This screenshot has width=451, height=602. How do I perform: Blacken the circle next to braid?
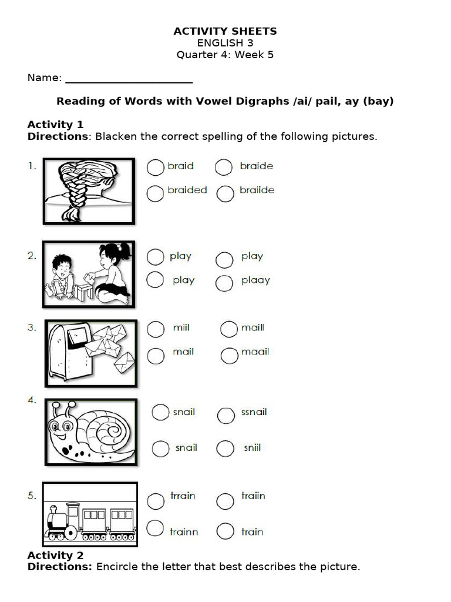[155, 168]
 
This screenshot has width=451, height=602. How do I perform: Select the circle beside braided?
[155, 193]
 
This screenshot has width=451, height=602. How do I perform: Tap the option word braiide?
[257, 190]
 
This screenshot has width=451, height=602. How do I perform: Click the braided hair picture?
[88, 191]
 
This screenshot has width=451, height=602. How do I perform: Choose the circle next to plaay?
[224, 283]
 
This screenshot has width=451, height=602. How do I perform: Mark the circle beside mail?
[156, 355]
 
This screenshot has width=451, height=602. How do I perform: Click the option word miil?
[181, 327]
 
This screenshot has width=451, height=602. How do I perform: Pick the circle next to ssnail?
[226, 416]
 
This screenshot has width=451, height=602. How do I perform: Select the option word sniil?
[252, 448]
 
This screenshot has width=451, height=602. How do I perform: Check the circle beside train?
[225, 532]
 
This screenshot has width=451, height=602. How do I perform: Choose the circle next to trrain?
[156, 501]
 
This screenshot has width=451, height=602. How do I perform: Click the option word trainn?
[184, 532]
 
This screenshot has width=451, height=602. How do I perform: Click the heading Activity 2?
[55, 556]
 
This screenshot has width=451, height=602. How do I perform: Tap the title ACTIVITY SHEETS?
[225, 31]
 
